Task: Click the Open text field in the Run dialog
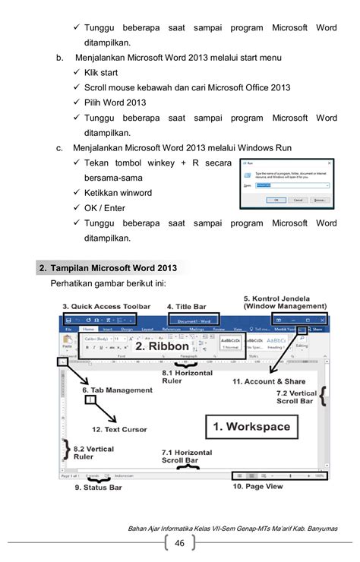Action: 292,185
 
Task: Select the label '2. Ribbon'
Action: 163,346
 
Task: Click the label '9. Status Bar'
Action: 99,488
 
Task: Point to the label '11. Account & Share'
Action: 269,382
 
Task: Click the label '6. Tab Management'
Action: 117,390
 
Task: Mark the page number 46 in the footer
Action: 180,542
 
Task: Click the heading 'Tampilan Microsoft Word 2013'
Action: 113,268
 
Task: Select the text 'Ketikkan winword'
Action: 118,193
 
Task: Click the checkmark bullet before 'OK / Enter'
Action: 77,208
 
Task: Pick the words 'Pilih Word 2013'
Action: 115,103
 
